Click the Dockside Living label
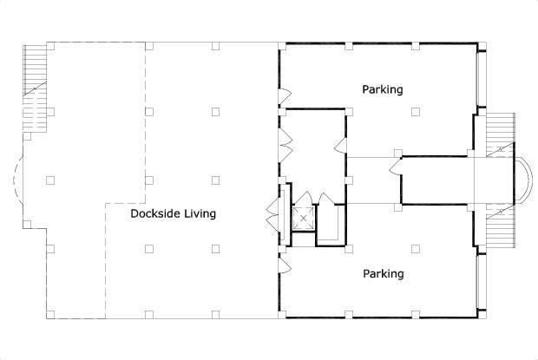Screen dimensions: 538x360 point(174,213)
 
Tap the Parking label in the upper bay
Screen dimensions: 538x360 point(383,89)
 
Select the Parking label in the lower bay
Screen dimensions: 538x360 point(384,273)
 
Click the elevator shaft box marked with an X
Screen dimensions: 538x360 point(304,218)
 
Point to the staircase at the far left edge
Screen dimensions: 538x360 point(35,88)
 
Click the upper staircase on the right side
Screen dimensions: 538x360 point(501,134)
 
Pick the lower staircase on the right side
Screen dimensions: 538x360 point(501,226)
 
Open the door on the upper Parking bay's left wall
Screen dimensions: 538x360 point(285,96)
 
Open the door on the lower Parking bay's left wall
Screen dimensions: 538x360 point(285,265)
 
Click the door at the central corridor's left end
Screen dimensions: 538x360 point(396,167)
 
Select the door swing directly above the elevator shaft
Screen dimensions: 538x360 point(304,198)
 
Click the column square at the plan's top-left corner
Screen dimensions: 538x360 point(50,46)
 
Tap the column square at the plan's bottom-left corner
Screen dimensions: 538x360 point(50,315)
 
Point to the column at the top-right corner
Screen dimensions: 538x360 point(482,46)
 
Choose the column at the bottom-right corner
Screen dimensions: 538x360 point(482,314)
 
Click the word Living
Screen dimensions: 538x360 point(200,214)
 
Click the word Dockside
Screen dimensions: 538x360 point(156,213)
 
